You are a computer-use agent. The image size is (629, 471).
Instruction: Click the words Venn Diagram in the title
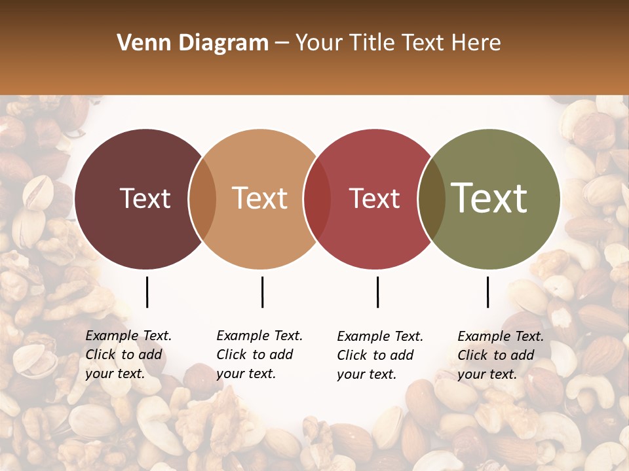coord(193,43)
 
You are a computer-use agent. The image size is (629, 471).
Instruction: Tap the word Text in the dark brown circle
coord(145,199)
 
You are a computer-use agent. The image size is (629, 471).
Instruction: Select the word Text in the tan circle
coord(260,199)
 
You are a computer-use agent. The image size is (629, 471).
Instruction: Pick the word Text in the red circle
coord(374,199)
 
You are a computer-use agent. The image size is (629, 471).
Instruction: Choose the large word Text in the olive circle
coord(489,198)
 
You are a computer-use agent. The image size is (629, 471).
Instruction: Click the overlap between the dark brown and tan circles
coord(202,199)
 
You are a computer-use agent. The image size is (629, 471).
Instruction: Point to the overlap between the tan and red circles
coord(317,199)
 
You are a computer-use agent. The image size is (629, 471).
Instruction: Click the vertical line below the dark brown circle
coord(147,292)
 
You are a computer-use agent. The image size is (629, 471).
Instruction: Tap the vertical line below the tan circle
coord(262,292)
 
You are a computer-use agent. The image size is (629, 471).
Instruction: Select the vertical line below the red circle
coord(377,292)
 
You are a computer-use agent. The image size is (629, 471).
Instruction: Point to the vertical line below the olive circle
coord(487,292)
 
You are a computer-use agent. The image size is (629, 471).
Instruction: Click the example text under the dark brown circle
coord(128,355)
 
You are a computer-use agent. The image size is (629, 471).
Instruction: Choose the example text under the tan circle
coord(259,355)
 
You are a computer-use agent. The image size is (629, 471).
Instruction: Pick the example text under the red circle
coord(379,355)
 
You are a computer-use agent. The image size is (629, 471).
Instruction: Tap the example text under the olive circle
coord(500,355)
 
